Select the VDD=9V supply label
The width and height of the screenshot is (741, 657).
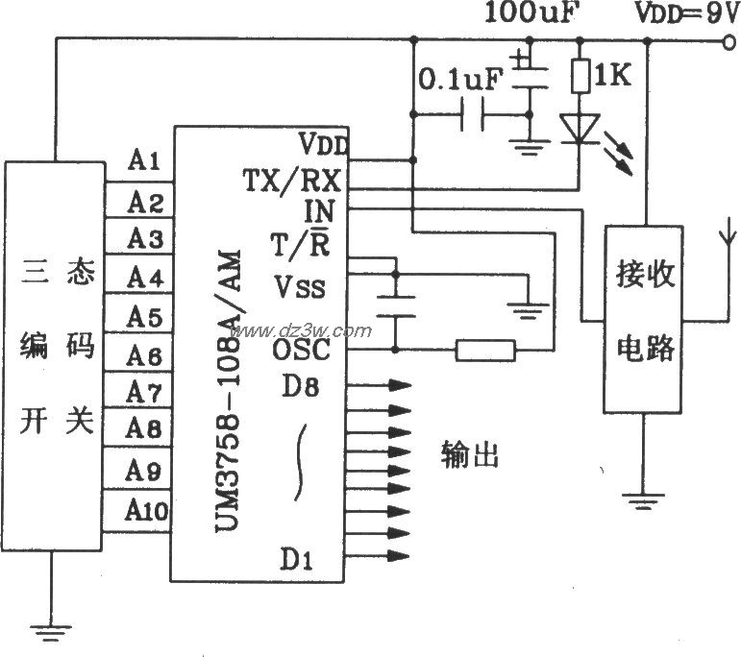pos(684,13)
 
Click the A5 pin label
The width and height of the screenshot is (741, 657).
pos(144,316)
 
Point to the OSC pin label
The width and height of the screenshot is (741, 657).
pos(301,350)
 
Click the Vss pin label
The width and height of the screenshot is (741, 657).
pos(300,287)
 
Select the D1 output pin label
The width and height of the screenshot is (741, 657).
pos(296,557)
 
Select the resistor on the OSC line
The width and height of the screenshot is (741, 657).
pos(484,350)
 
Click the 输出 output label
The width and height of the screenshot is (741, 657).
pos(470,453)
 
